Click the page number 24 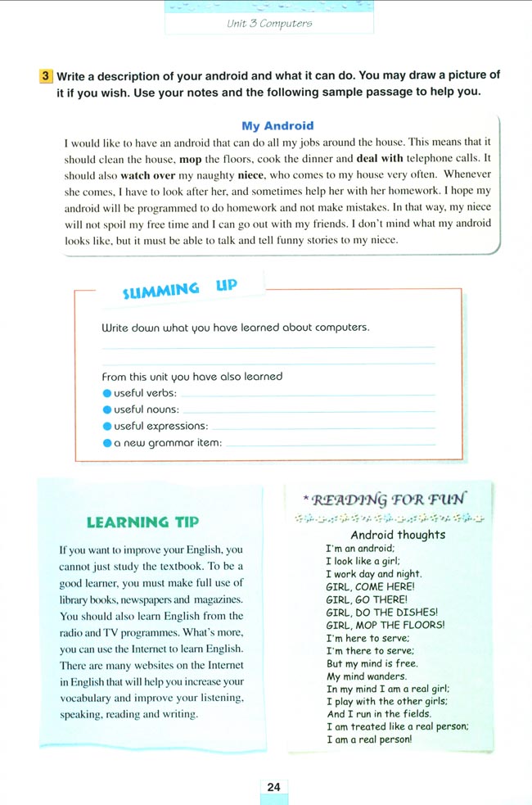(x=273, y=787)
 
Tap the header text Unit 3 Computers (x=269, y=24)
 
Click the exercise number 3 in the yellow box (x=46, y=75)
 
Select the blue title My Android (x=277, y=126)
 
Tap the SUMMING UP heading (x=179, y=288)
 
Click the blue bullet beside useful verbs (x=106, y=393)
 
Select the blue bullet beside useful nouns (x=106, y=409)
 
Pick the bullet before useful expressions (x=106, y=425)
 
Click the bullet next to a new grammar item (x=106, y=442)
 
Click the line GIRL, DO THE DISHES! (x=381, y=612)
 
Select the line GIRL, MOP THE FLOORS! (x=385, y=624)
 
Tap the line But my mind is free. (x=372, y=663)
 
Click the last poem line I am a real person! (x=368, y=739)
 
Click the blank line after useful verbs (x=307, y=395)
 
